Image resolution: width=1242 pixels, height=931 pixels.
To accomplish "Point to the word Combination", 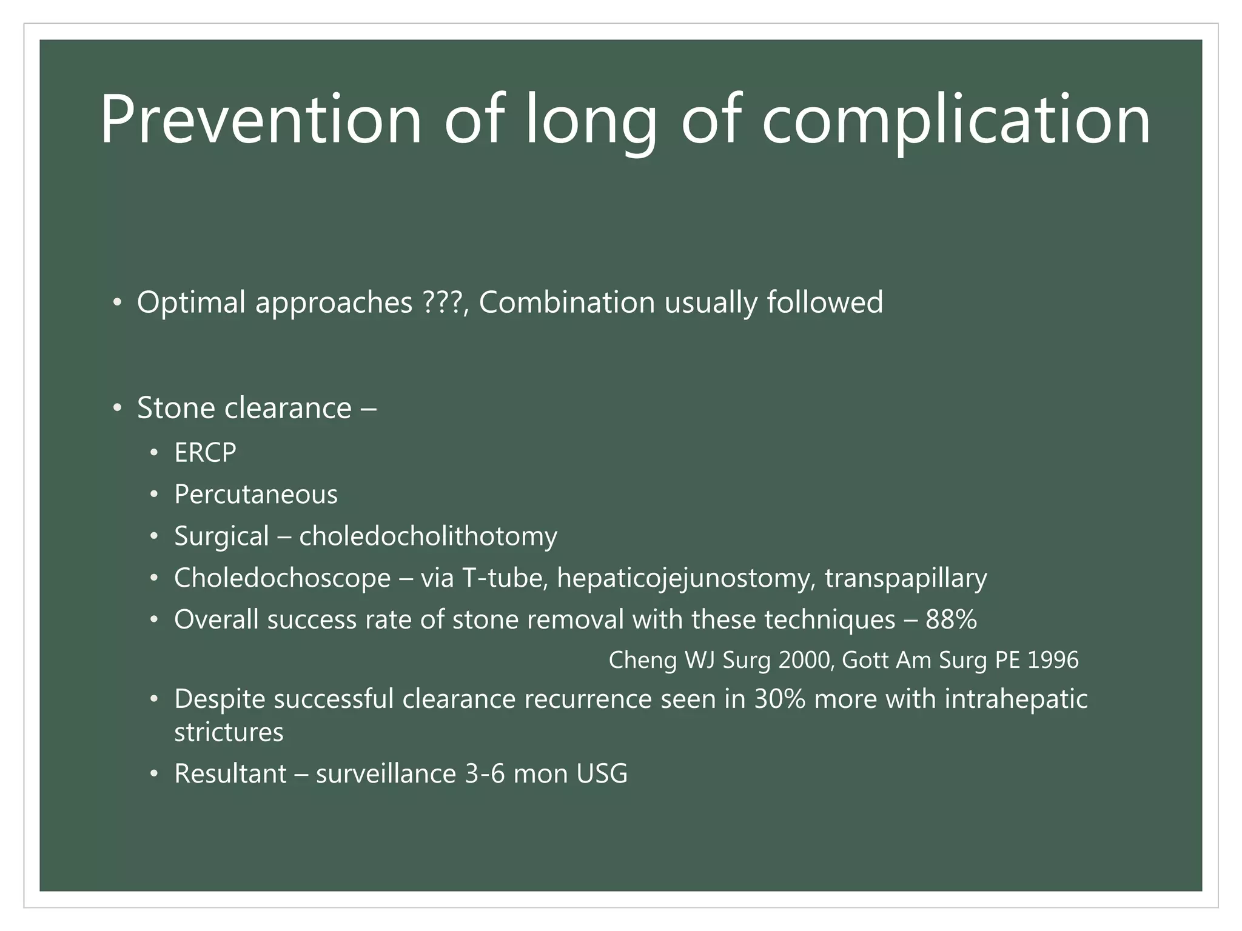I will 567,302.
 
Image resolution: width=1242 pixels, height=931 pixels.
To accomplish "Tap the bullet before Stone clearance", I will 118,408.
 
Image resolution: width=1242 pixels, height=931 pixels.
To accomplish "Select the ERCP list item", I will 205,453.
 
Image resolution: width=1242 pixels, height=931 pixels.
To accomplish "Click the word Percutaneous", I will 255,495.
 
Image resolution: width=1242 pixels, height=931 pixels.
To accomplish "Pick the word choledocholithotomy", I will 428,536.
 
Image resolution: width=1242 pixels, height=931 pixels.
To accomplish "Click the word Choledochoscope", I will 282,578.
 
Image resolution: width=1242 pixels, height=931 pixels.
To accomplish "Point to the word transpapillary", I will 905,578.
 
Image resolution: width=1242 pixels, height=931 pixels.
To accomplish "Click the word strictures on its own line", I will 229,732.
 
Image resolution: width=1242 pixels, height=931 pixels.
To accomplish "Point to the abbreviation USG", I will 602,774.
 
